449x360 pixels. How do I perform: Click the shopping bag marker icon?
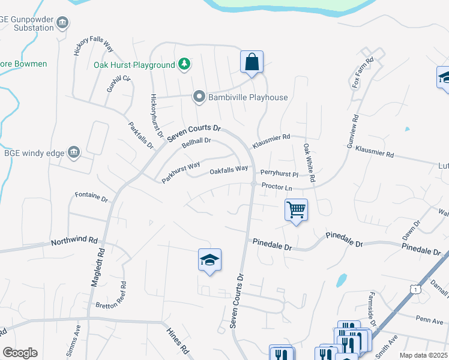[x=252, y=62]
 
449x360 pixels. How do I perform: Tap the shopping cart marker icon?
[x=296, y=211]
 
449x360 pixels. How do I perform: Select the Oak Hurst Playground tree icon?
[x=185, y=64]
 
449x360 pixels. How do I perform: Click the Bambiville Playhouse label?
[x=247, y=97]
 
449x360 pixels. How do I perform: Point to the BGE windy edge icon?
[x=74, y=152]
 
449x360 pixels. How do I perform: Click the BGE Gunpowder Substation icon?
[x=62, y=23]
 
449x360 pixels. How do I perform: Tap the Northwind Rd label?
[x=74, y=241]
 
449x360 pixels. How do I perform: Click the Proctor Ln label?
[x=277, y=187]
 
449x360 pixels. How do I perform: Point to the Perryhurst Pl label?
[x=279, y=174]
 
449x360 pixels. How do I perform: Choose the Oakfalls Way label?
[x=229, y=170]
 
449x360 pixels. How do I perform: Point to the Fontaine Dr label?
[x=91, y=196]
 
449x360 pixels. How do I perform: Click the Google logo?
[x=20, y=353]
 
